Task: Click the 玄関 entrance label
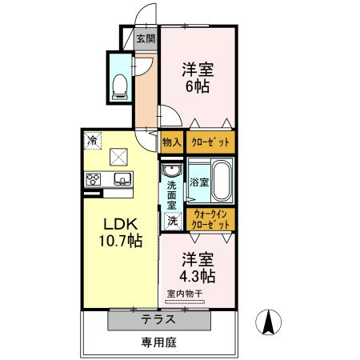pos(145,38)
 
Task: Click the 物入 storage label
pos(171,142)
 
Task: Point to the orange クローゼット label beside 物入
pos(211,142)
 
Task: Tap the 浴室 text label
pos(200,182)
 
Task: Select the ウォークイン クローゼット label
pos(211,219)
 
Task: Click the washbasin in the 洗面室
pos(171,171)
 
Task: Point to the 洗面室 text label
pos(171,194)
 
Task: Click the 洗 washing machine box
pos(171,220)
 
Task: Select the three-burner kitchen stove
pos(92,178)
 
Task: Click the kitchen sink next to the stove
pos(122,178)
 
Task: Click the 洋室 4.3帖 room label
pos(198,267)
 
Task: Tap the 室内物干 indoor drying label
pos(186,294)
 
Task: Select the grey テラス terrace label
pos(159,318)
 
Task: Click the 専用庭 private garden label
pos(159,342)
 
